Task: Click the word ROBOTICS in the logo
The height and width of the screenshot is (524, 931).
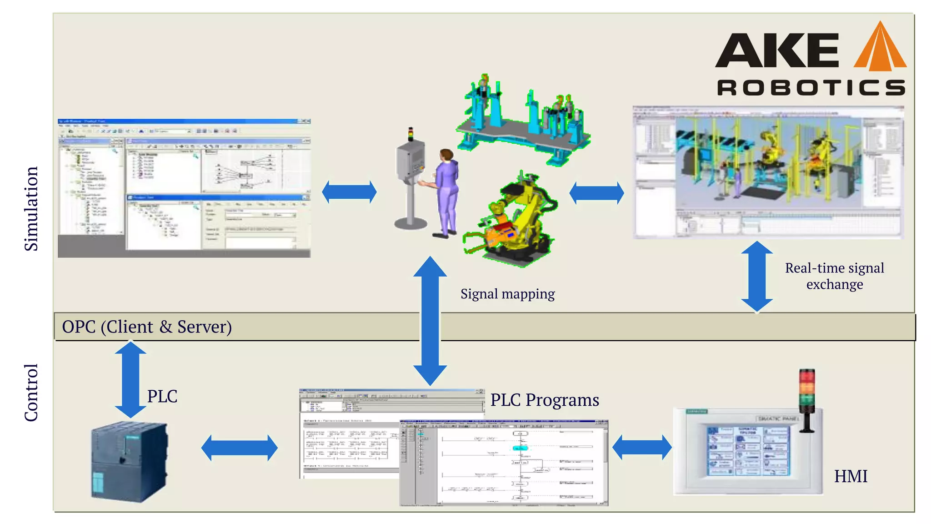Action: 811,87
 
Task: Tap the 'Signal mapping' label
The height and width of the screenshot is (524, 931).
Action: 507,294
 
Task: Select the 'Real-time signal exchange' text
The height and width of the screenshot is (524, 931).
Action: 834,276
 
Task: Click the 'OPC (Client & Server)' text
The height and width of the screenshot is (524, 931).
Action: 147,327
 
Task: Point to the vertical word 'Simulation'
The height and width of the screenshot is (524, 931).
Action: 31,208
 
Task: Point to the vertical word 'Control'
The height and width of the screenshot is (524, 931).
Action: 31,392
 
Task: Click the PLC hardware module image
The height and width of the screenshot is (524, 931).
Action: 129,461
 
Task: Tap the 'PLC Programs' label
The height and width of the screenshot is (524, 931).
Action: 545,400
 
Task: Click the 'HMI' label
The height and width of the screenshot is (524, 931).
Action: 850,476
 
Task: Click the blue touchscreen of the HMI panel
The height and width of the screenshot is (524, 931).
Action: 748,451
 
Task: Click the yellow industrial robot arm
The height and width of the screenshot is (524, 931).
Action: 514,218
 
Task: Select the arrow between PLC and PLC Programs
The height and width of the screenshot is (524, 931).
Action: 239,448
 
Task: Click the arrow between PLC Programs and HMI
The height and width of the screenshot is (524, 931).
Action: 641,448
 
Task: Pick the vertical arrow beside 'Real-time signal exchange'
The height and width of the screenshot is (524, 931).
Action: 756,277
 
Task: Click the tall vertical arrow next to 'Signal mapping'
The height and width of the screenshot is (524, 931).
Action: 430,321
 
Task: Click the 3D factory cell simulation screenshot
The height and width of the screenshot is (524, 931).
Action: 768,172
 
